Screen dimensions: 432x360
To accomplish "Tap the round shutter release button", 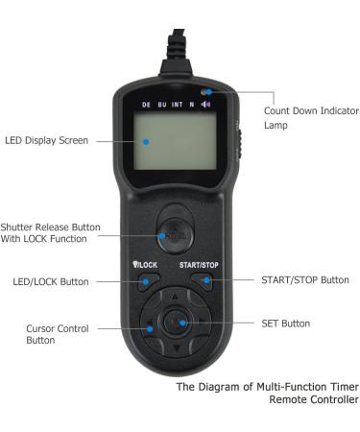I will coord(175,233).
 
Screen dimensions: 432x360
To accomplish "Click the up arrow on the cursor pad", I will coord(175,299).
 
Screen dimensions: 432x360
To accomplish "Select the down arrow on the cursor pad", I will coord(175,348).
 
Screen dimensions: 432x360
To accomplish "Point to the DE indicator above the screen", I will coord(146,104).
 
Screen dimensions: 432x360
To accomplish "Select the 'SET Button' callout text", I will coord(286,324).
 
